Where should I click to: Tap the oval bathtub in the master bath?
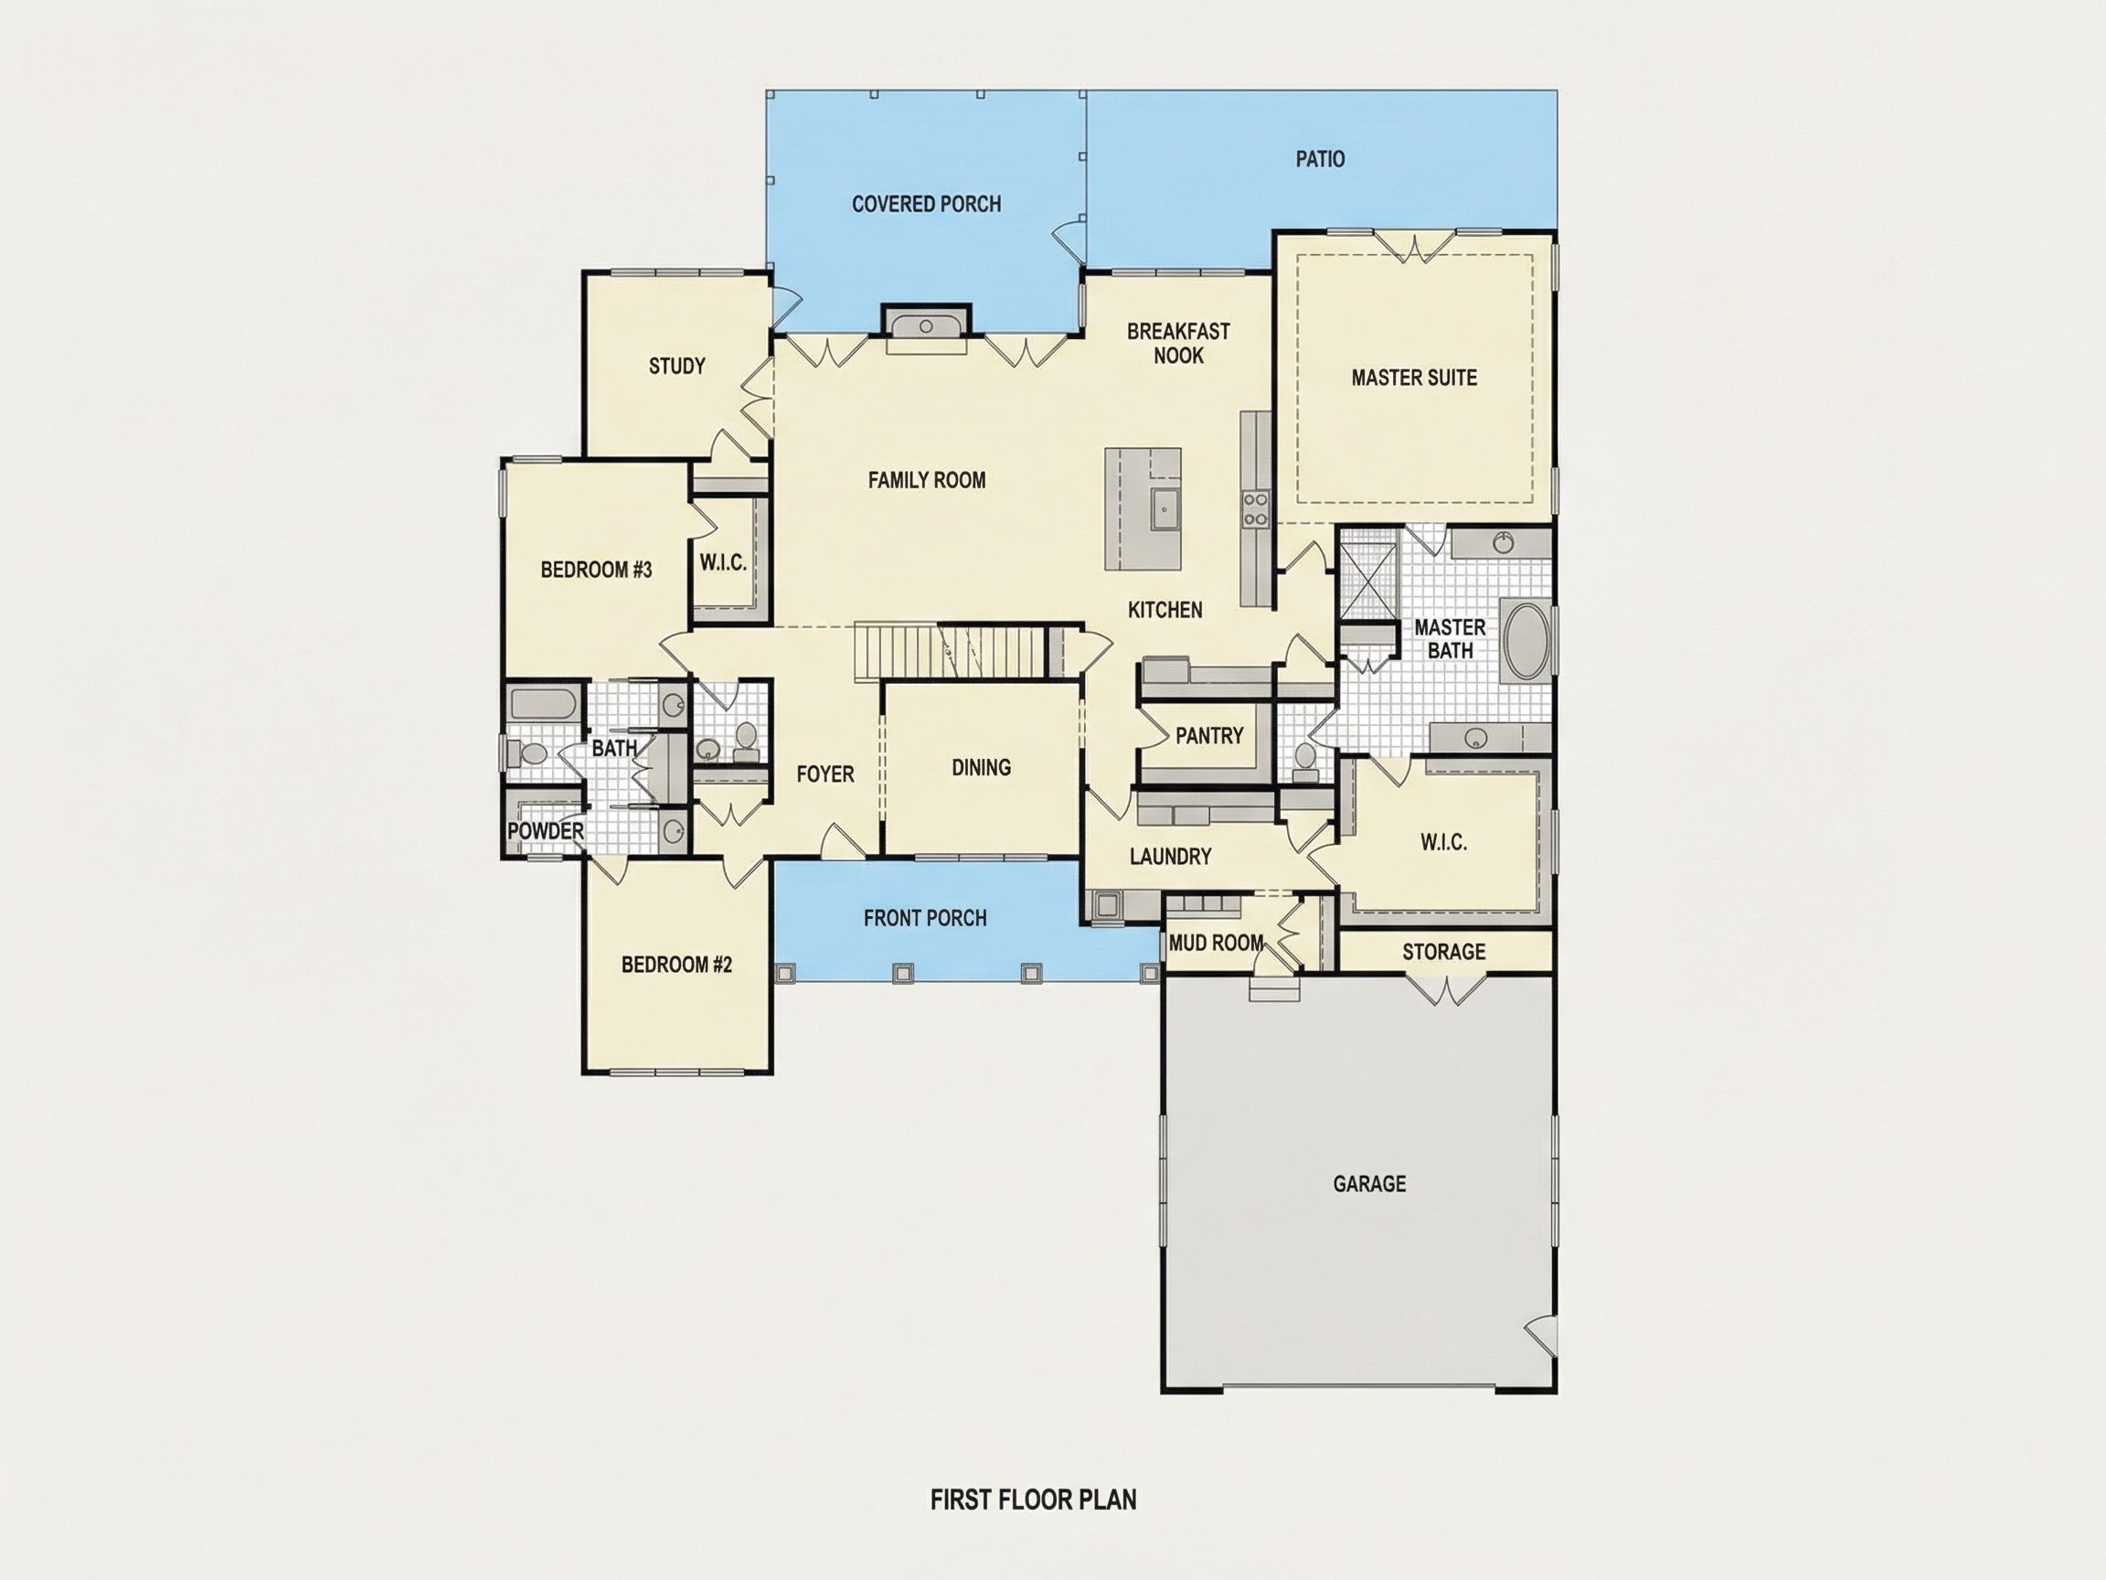tap(1527, 641)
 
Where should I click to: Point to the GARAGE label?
tap(1369, 1184)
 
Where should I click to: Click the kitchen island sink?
tap(1164, 509)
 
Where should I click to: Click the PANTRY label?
tap(1209, 735)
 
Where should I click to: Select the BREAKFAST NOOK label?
tap(1178, 343)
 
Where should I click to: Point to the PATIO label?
tap(1320, 159)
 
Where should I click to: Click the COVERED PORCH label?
tap(926, 204)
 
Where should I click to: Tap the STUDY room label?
tap(677, 366)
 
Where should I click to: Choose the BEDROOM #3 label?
tap(596, 570)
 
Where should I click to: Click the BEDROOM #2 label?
tap(677, 965)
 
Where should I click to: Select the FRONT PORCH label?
tap(924, 918)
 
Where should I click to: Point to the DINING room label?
tap(981, 768)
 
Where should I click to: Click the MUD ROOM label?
tap(1216, 943)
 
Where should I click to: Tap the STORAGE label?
tap(1443, 952)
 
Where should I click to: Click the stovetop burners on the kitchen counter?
tap(1255, 509)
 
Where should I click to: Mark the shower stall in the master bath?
tap(1369, 580)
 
